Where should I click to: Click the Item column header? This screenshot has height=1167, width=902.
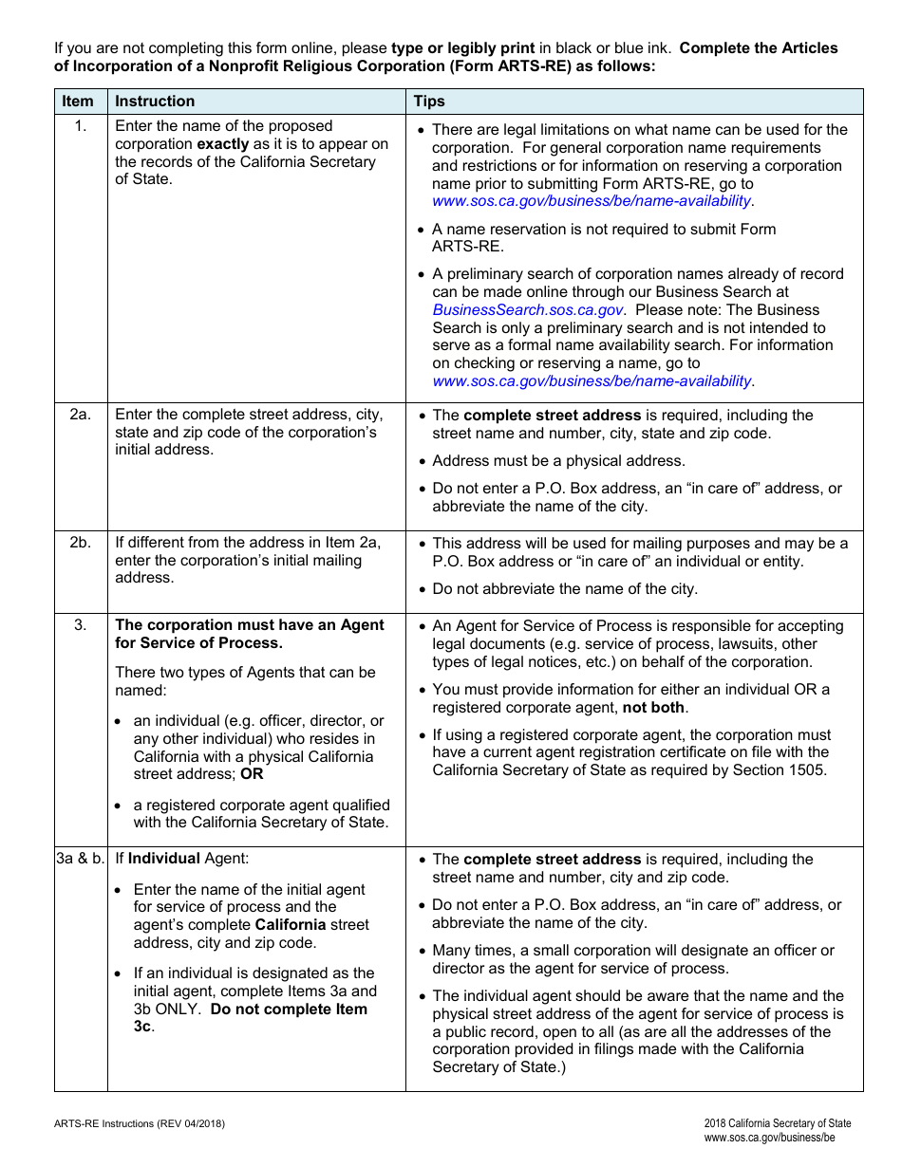click(78, 102)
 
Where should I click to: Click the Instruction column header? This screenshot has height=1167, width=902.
click(155, 102)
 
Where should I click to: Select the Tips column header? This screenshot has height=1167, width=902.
click(429, 102)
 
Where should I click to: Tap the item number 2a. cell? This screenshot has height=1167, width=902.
click(80, 415)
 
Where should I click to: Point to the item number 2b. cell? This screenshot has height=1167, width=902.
click(80, 543)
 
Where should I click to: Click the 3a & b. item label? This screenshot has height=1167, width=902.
click(80, 859)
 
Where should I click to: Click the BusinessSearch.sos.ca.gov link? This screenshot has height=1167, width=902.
click(527, 310)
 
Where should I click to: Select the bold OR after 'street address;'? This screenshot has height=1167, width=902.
click(252, 774)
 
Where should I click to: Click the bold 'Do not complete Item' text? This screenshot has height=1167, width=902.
click(289, 1010)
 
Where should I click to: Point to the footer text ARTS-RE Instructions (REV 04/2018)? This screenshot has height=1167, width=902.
click(140, 1124)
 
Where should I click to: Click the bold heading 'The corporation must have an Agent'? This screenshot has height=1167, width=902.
click(250, 625)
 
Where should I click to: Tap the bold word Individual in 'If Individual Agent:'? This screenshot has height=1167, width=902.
click(164, 859)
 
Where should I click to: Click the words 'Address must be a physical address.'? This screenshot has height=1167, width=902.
click(558, 461)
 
